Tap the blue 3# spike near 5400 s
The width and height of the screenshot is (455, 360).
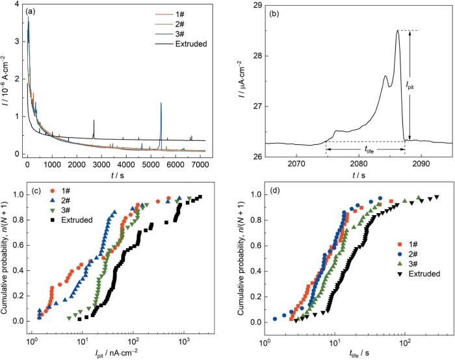pos(161,104)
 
